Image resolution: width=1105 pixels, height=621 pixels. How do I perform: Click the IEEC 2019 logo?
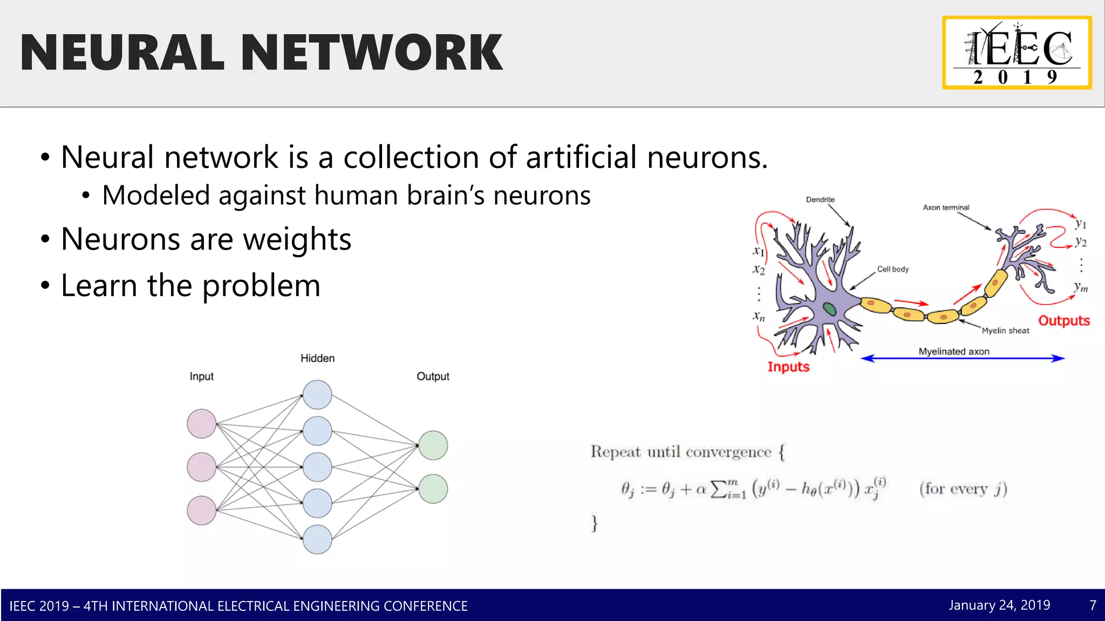click(x=1017, y=53)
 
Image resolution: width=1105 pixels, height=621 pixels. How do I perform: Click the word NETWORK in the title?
click(x=372, y=52)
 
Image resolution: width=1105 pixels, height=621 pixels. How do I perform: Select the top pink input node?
click(x=201, y=424)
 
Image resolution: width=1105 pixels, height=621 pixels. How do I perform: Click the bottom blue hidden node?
click(x=317, y=539)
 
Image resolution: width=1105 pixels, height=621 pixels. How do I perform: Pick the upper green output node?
click(x=433, y=445)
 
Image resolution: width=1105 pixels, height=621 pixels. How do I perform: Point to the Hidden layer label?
click(x=317, y=358)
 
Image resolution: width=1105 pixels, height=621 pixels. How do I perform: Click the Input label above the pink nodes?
click(x=201, y=376)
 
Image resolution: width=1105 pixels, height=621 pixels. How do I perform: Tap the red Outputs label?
click(x=1063, y=321)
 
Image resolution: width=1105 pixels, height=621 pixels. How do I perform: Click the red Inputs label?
click(x=788, y=367)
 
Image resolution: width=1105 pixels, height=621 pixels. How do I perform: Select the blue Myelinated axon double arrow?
click(x=963, y=358)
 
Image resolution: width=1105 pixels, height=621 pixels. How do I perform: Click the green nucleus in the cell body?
click(x=829, y=309)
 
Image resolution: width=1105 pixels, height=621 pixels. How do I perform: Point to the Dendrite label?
click(x=820, y=200)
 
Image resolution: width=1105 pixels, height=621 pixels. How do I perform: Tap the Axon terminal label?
click(x=945, y=208)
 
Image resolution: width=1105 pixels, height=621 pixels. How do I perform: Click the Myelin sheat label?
click(x=1005, y=330)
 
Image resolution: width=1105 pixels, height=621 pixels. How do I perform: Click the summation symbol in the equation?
click(x=718, y=489)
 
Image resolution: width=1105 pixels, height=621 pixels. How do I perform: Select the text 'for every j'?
click(x=963, y=489)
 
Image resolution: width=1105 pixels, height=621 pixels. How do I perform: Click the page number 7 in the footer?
click(x=1093, y=605)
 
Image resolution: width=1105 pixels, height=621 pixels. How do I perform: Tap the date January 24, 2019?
click(x=999, y=605)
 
